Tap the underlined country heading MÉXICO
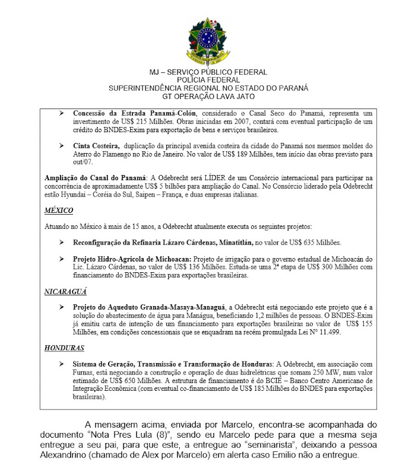(59, 211)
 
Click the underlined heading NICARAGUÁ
(66, 293)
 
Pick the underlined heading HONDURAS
(64, 348)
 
